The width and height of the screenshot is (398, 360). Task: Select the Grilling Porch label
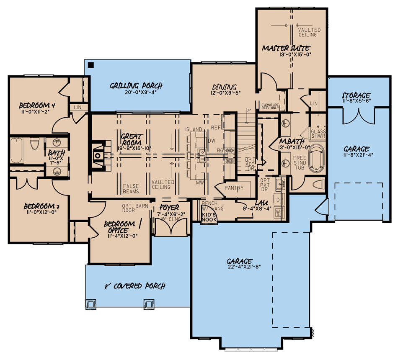[136, 86]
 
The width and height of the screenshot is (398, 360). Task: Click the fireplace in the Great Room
[98, 155]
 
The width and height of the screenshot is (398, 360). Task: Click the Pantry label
[234, 188]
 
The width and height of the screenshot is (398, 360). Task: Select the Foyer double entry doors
[170, 226]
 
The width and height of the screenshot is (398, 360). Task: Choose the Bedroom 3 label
[39, 206]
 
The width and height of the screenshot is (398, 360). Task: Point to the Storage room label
[356, 95]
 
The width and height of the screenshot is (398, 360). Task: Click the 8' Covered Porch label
[134, 286]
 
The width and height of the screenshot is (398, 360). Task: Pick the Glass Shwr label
[318, 134]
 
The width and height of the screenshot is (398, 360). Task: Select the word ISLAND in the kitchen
[194, 129]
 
